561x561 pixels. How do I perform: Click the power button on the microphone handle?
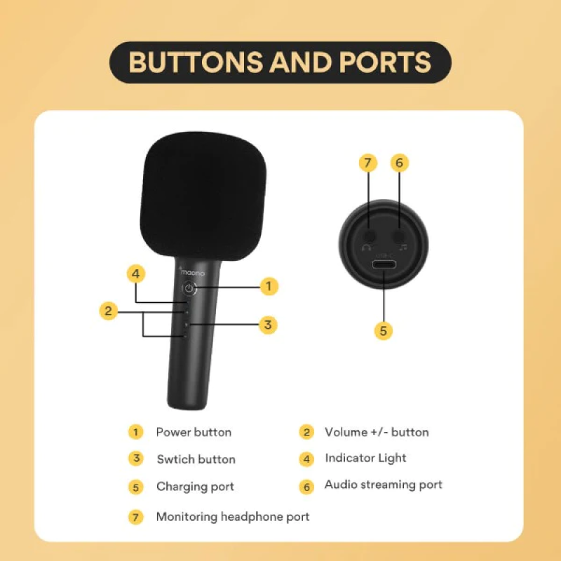click(189, 288)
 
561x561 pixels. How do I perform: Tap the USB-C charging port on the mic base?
click(384, 265)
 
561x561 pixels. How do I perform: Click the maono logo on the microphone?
click(191, 272)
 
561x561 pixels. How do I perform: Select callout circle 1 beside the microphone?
click(269, 286)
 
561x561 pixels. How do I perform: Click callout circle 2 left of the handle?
click(109, 311)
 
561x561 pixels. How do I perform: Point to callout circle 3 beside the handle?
click(268, 325)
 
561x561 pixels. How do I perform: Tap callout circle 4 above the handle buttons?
click(135, 274)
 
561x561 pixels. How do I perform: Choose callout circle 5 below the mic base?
click(383, 330)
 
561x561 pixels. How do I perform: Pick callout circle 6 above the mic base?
click(399, 163)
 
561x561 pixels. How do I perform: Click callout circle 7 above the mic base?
click(367, 163)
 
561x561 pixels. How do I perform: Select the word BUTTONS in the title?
click(196, 62)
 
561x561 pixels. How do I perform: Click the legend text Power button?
click(194, 432)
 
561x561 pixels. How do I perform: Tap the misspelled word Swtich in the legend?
click(174, 459)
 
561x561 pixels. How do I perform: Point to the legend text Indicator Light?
click(365, 459)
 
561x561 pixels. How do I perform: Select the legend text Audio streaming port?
click(383, 485)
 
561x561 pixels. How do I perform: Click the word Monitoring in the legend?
click(187, 517)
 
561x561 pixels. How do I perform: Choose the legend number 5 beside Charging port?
click(135, 487)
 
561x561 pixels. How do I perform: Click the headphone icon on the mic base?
click(366, 248)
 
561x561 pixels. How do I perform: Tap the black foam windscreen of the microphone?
click(203, 195)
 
